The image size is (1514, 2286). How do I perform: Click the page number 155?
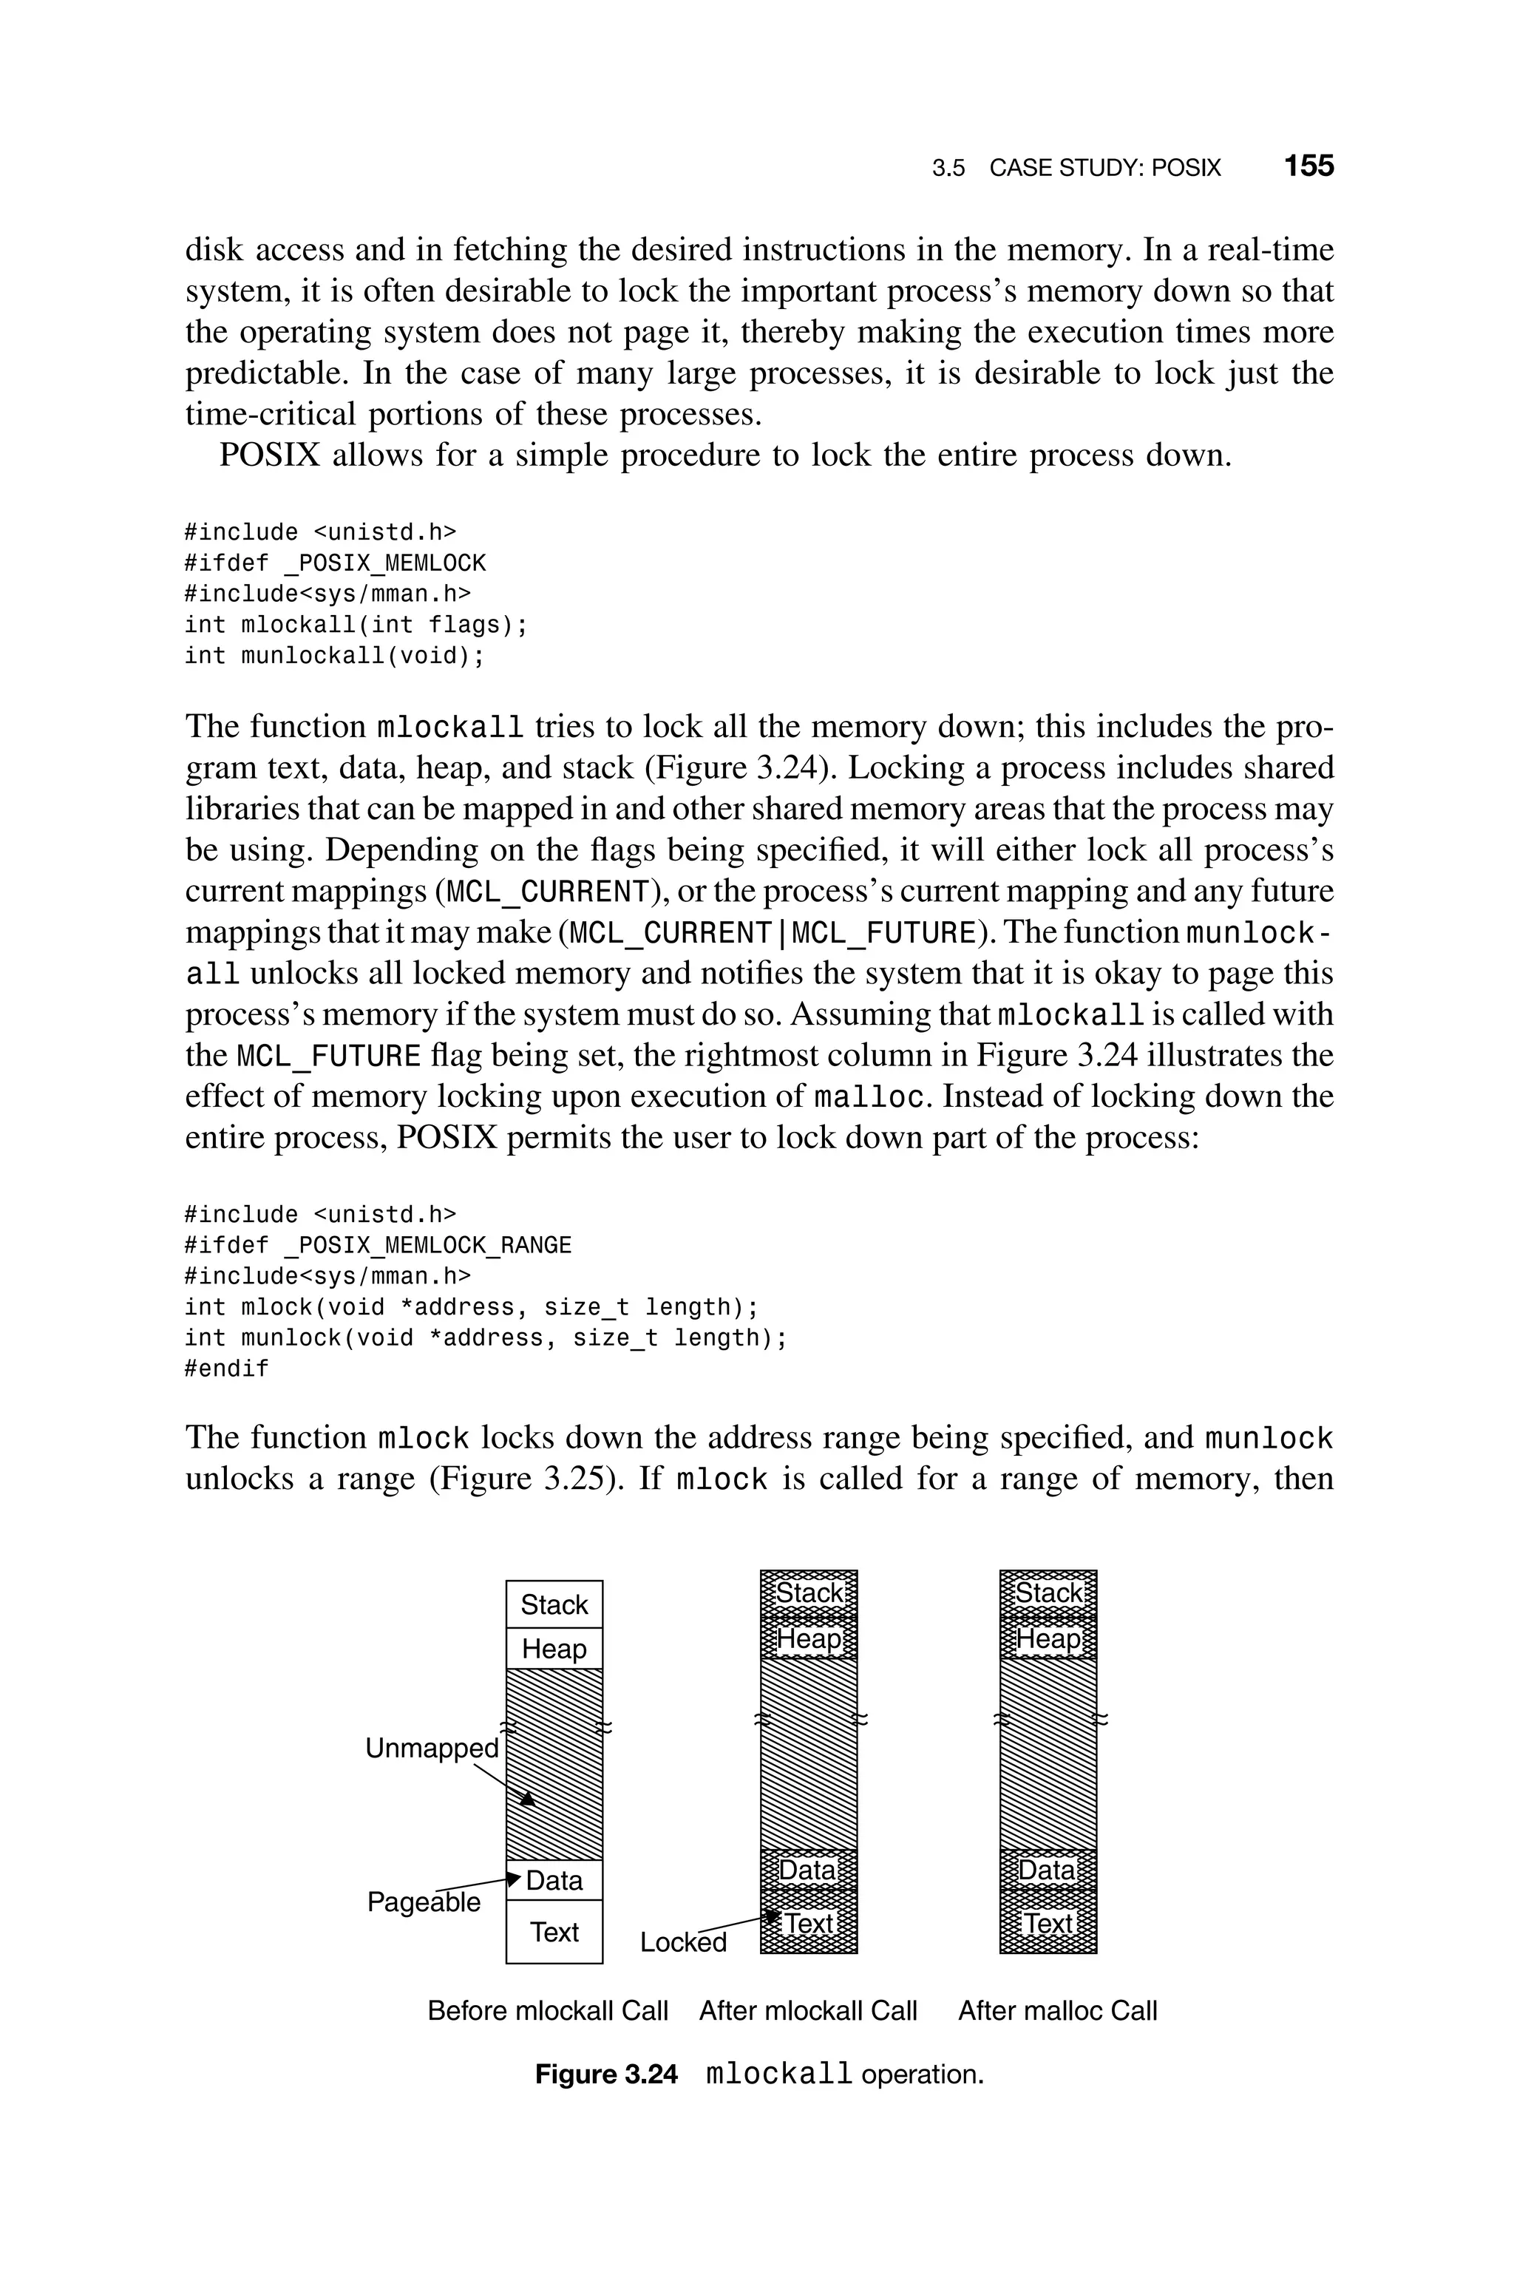(1308, 166)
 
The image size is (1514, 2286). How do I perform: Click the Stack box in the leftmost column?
(554, 1604)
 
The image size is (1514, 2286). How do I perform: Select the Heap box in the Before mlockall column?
(554, 1648)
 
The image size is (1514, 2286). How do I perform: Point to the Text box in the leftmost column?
(554, 1932)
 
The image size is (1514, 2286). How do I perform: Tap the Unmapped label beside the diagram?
(432, 1749)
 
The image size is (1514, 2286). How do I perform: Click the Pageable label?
(423, 1902)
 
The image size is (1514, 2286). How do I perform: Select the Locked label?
(682, 1942)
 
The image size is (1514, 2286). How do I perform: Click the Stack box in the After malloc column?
(1048, 1593)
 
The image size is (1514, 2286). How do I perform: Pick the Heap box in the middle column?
(809, 1639)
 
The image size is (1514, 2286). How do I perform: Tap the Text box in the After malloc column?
(1048, 1924)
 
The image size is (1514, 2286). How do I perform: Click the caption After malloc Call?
(1057, 2011)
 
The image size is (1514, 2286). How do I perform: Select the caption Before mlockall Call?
(548, 2011)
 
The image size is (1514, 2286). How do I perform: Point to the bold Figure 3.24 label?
(606, 2075)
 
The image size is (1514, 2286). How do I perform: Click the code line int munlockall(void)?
(334, 657)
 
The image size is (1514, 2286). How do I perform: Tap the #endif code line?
(227, 1369)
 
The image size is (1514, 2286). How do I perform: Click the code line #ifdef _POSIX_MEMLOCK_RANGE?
(378, 1245)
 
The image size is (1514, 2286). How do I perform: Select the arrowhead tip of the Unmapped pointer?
(528, 1797)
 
